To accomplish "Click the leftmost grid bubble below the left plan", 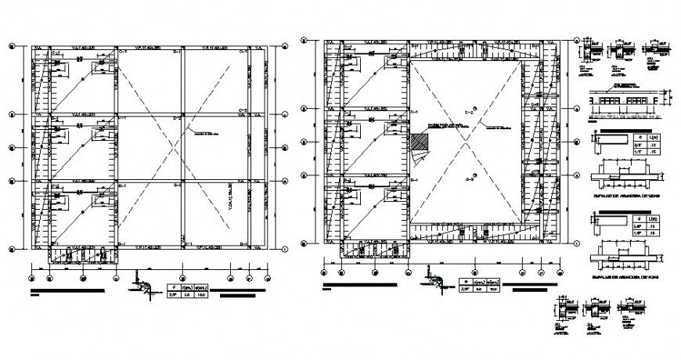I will [31, 274].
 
